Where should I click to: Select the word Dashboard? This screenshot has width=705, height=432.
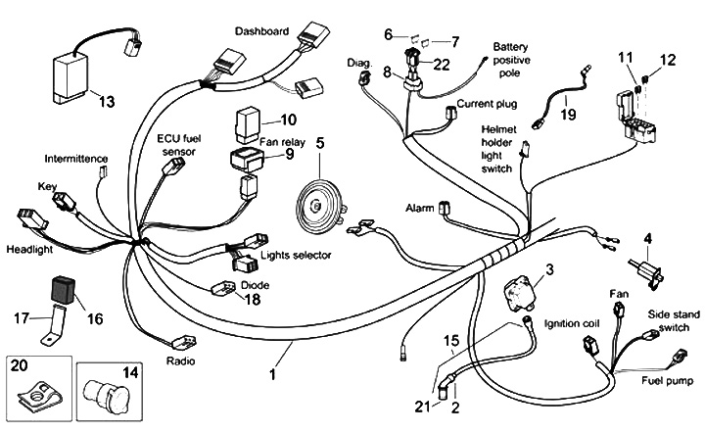tap(261, 31)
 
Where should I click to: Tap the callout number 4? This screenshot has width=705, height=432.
tap(647, 237)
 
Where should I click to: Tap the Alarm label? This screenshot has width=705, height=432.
tap(421, 209)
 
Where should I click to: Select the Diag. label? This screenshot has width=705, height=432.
tap(359, 62)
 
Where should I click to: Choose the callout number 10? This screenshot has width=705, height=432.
tap(288, 121)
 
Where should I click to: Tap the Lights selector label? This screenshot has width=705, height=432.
tap(295, 255)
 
